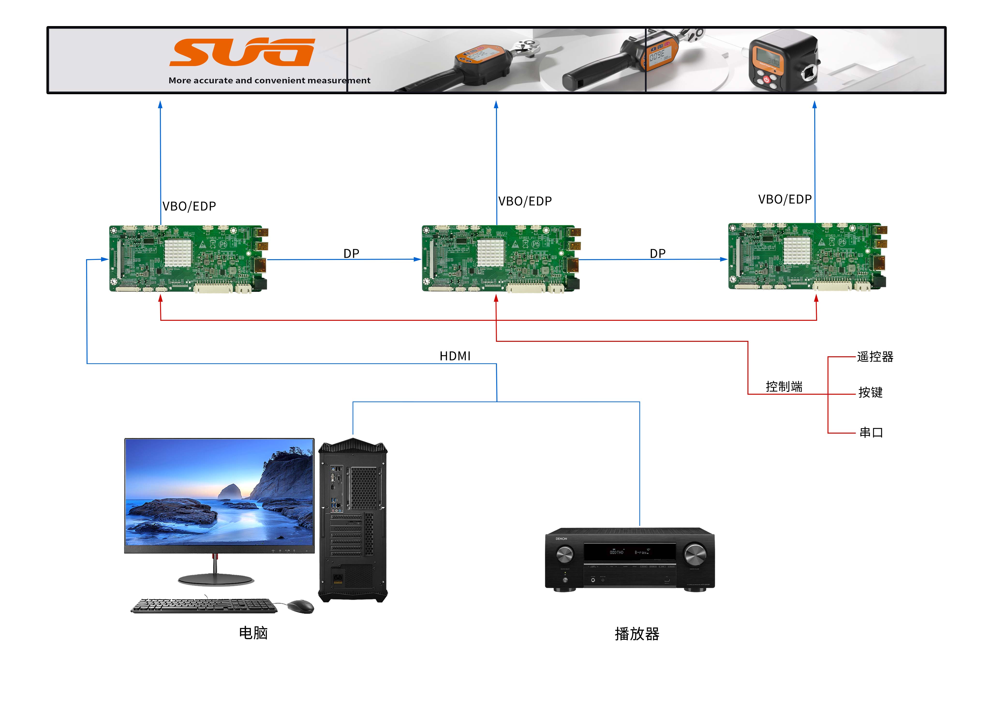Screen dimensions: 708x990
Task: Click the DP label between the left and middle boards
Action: point(351,253)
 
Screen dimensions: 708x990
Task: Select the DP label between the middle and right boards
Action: point(658,253)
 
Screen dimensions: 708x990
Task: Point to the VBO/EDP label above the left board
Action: point(189,206)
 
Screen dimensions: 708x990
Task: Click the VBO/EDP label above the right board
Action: point(784,199)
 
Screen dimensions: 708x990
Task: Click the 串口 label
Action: point(871,432)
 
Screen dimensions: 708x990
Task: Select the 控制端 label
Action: point(784,386)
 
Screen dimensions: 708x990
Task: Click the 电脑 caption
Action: point(253,633)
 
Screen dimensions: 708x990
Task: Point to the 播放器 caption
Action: point(637,633)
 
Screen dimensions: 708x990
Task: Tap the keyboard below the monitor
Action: point(204,606)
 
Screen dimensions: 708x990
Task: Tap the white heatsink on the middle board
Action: point(490,253)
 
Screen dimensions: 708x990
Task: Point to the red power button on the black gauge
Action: point(766,80)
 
